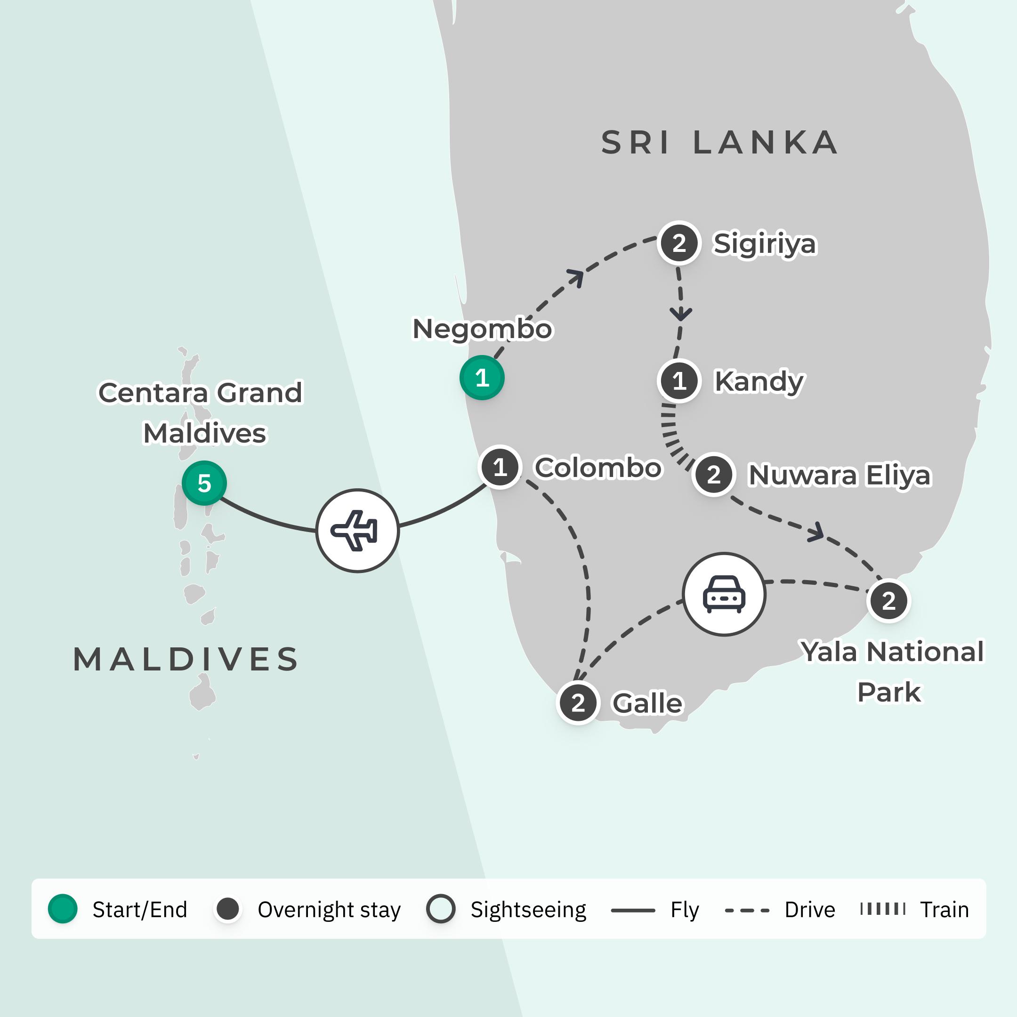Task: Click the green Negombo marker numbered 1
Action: (482, 378)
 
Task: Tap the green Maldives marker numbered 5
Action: (204, 483)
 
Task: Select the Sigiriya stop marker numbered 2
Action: (679, 243)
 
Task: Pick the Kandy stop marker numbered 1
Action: (679, 380)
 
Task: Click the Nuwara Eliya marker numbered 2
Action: (714, 474)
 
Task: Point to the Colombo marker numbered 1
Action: (500, 467)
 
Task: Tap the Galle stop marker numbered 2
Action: (578, 703)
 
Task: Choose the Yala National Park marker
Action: (888, 601)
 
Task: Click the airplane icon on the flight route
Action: (357, 531)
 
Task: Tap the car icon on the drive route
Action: (724, 594)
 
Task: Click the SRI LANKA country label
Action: (719, 143)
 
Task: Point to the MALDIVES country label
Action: (186, 659)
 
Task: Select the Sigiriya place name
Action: (764, 244)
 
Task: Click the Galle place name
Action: (647, 703)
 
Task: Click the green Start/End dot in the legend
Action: (63, 909)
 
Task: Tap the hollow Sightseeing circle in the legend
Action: (440, 909)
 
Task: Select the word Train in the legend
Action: (944, 910)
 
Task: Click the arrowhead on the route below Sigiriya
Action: (681, 314)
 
